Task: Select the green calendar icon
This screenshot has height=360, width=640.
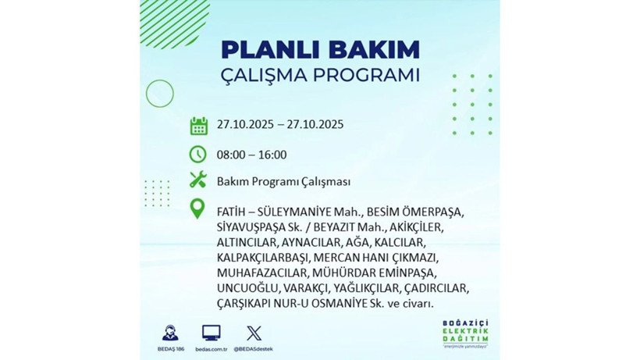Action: click(x=198, y=126)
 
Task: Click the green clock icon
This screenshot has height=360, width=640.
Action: click(x=198, y=154)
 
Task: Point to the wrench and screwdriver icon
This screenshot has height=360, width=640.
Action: click(x=198, y=180)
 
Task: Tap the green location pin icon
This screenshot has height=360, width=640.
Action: click(x=198, y=209)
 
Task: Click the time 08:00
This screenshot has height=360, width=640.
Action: click(x=230, y=155)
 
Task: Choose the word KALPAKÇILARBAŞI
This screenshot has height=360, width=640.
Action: click(x=262, y=258)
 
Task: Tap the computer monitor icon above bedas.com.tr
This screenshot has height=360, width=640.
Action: click(x=211, y=332)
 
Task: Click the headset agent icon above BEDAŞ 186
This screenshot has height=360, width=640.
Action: click(x=170, y=332)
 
